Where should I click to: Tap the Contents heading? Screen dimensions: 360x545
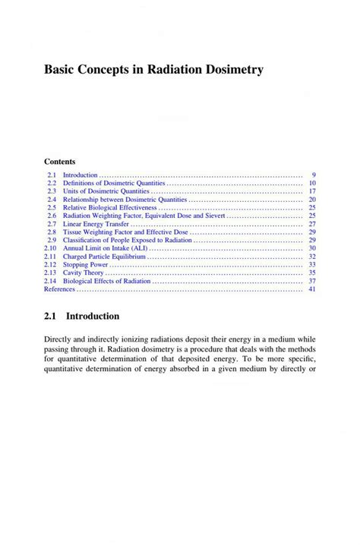[59, 162]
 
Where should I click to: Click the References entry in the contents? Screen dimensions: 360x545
[60, 289]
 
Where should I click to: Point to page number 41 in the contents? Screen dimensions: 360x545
[311, 289]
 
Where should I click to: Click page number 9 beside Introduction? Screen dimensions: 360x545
[314, 175]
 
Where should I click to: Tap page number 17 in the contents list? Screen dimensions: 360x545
[311, 191]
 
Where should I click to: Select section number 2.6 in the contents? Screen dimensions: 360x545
[52, 216]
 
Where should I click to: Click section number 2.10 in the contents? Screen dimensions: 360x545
[50, 248]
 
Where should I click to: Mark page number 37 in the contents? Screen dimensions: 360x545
[311, 281]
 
